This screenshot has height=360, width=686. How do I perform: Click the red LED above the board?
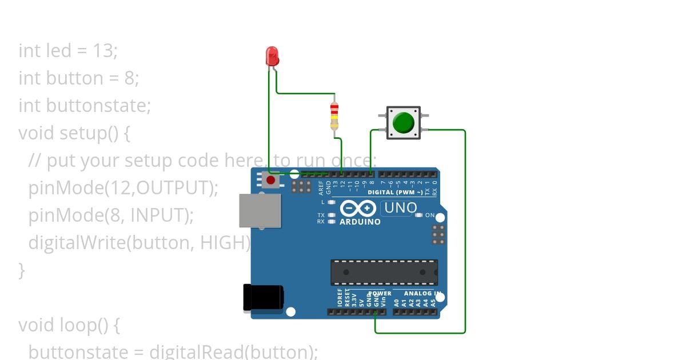tap(272, 56)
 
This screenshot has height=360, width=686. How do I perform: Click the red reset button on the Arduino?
tap(270, 181)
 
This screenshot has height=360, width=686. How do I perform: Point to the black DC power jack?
tap(263, 298)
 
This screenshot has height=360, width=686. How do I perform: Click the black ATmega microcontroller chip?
tap(384, 272)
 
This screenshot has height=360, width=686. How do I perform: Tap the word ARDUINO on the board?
tap(360, 222)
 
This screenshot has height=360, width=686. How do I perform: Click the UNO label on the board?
tap(400, 208)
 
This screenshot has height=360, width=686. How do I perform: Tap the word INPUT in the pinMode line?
tap(159, 215)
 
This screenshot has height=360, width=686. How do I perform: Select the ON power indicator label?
tap(430, 215)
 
